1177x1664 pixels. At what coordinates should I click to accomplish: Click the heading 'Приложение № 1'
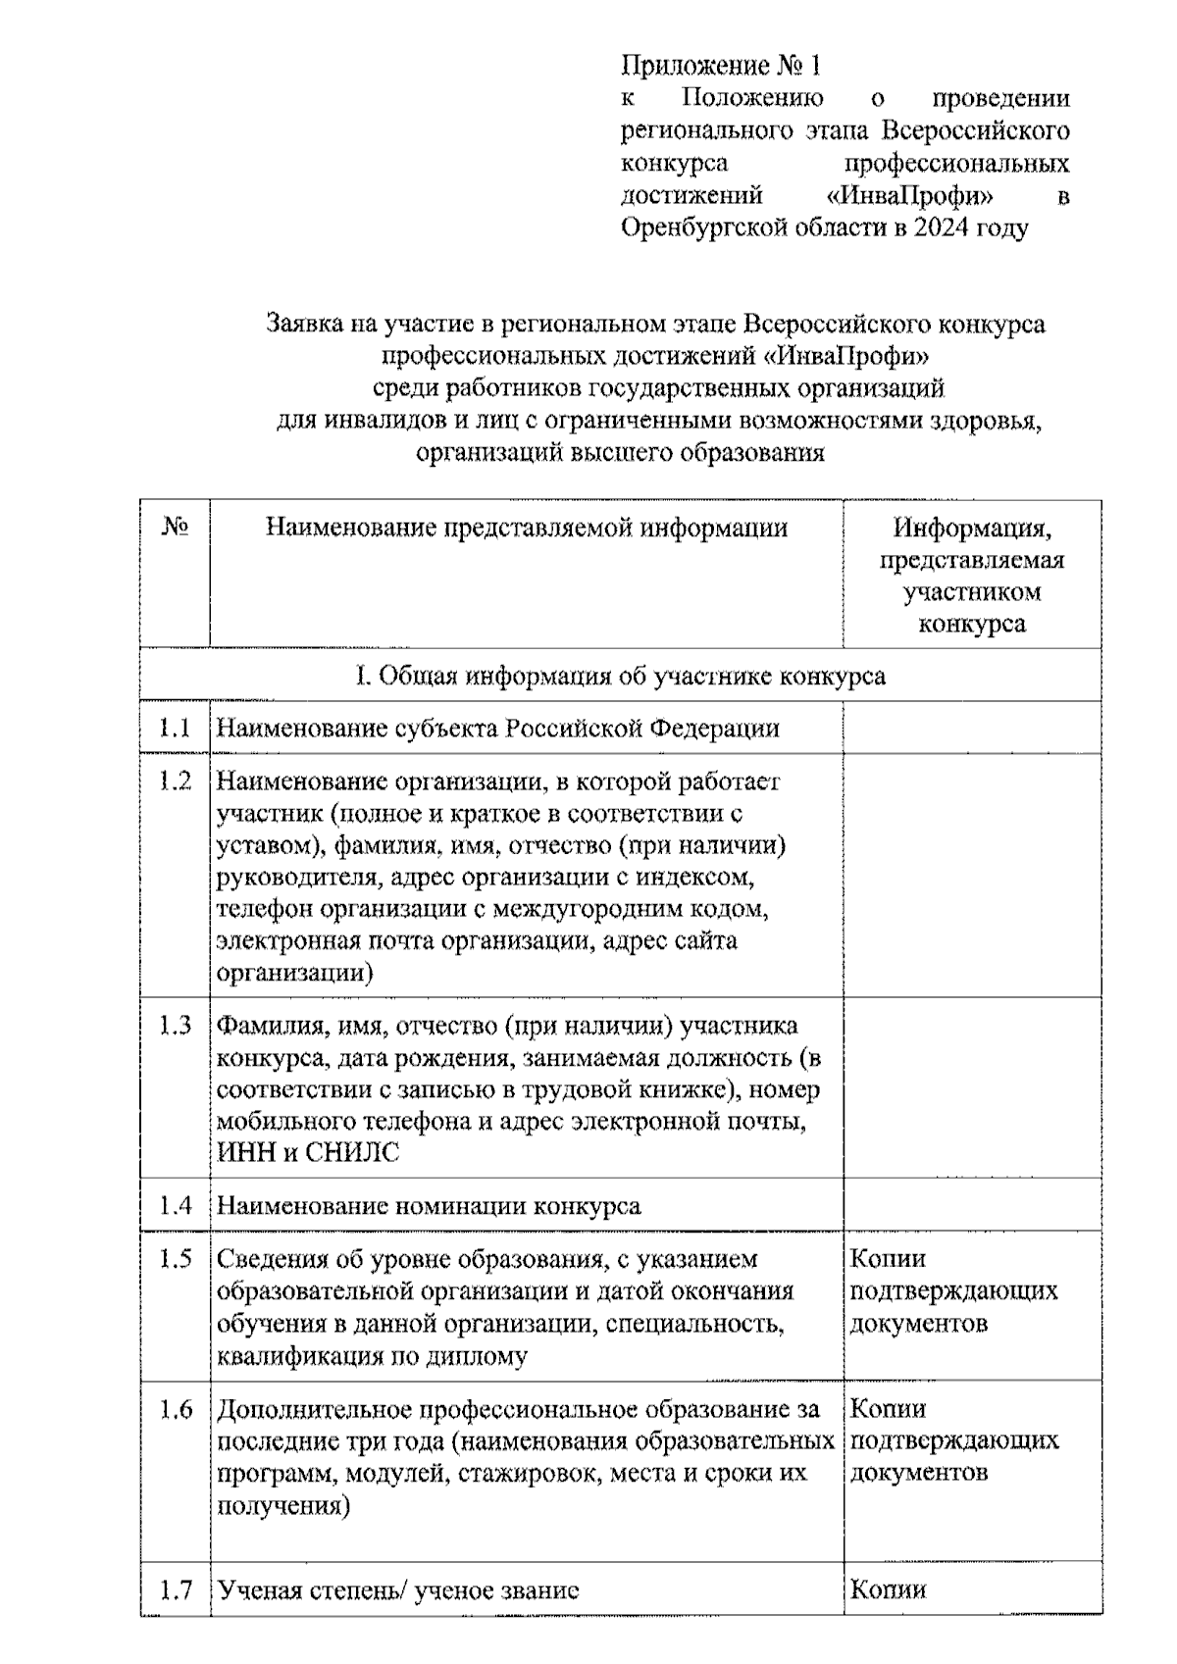tap(720, 66)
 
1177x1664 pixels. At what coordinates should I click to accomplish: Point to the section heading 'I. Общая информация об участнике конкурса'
tap(620, 676)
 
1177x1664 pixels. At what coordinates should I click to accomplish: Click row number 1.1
tap(175, 728)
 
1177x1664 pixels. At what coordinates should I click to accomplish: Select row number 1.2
tap(175, 782)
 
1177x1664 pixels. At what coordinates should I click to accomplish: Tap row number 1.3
tap(175, 1026)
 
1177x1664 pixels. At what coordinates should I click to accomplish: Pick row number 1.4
tap(175, 1205)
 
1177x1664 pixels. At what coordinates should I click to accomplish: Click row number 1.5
tap(175, 1258)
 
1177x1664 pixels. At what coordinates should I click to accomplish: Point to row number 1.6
tap(175, 1409)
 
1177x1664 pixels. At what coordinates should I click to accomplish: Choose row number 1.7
tap(175, 1589)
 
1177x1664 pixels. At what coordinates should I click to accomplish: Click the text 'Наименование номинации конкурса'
tap(429, 1205)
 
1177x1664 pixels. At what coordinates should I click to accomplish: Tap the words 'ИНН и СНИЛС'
tap(308, 1153)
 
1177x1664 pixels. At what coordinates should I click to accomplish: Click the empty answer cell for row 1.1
tap(971, 728)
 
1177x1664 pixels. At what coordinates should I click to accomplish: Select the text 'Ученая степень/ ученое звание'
tap(398, 1589)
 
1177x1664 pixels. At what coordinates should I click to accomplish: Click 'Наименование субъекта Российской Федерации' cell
tap(498, 729)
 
